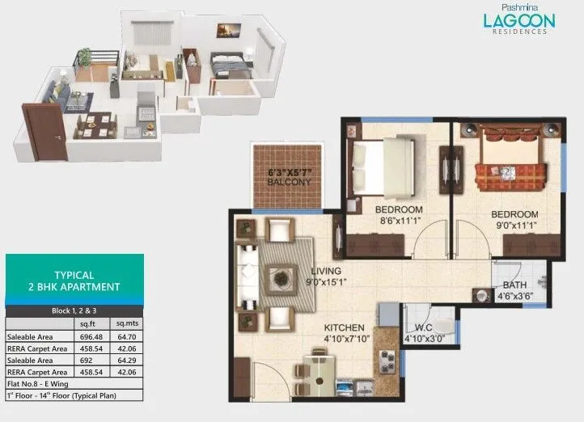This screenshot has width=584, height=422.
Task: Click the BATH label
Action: [515, 285]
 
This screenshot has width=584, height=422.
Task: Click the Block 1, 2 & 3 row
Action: [74, 310]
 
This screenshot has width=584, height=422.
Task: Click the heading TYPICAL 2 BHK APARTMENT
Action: [74, 280]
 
